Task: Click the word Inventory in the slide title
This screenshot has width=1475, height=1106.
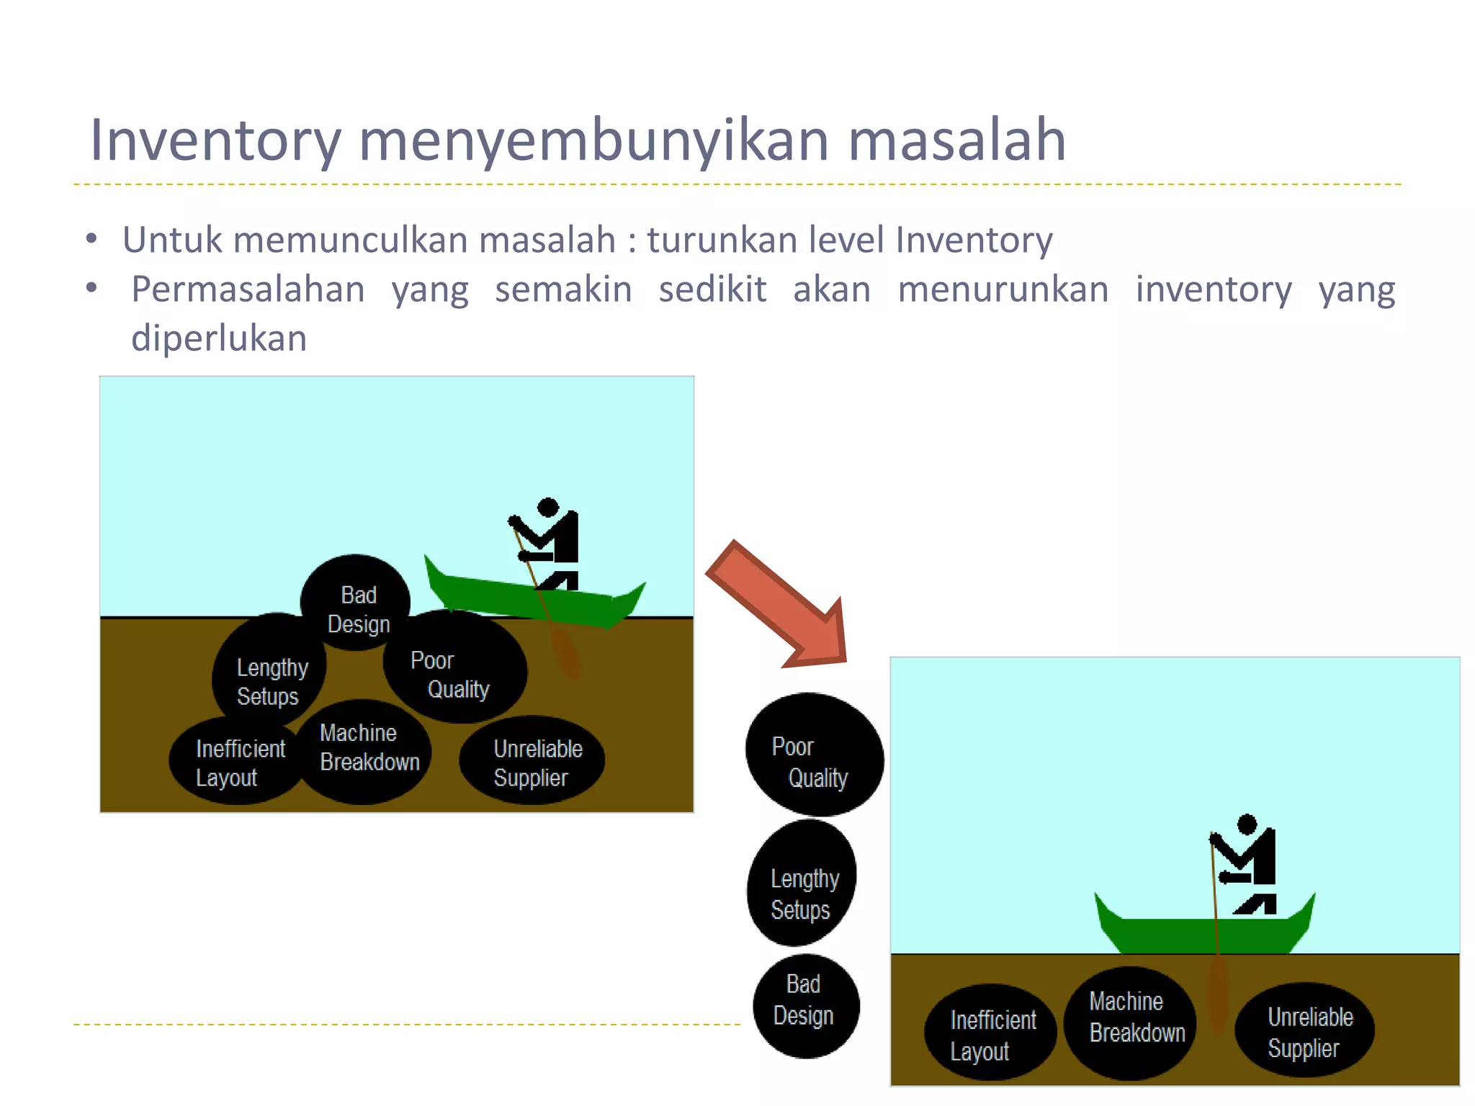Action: (215, 140)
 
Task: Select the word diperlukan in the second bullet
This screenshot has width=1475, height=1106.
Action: (219, 338)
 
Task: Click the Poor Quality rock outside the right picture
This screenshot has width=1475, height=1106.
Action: (814, 755)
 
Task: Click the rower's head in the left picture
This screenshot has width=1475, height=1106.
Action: (548, 507)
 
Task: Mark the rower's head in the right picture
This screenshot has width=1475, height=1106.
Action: (1247, 824)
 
